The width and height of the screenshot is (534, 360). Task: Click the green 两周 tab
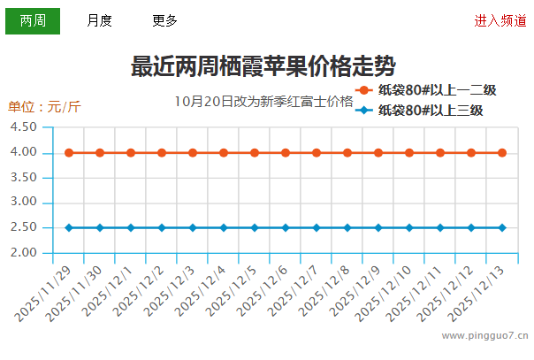pos(33,21)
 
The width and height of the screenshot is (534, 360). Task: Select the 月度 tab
pos(99,21)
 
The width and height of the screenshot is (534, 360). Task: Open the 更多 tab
pos(164,21)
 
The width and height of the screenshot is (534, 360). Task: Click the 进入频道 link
pos(500,21)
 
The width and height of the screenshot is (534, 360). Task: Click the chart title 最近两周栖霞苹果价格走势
pos(263,66)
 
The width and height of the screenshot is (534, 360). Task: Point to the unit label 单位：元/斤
pos(44,107)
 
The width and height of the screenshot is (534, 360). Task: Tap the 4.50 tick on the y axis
pos(24,127)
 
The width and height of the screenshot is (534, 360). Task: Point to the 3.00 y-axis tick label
pos(24,203)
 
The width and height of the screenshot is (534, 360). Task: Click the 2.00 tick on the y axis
pos(24,253)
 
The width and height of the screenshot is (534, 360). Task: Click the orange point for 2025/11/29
pos(69,153)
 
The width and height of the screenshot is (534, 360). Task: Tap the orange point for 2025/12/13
pos(502,153)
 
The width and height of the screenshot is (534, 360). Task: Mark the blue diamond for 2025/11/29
pos(69,227)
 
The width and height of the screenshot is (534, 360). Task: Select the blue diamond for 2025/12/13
pos(502,227)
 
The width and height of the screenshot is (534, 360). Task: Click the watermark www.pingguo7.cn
pos(484,336)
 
